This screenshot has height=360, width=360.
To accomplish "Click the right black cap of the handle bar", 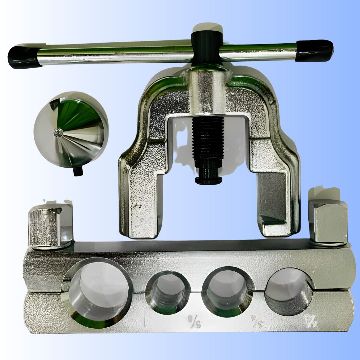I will click(314, 50).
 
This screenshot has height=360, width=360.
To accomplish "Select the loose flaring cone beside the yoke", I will click(71, 129).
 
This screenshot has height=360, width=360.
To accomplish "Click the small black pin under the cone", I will click(78, 171).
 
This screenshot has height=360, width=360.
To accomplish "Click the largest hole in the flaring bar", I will click(97, 292).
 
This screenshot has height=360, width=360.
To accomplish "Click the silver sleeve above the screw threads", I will click(207, 92).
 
